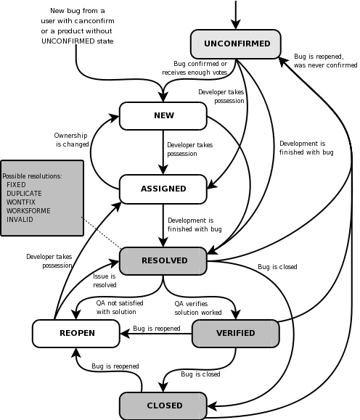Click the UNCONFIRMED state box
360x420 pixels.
(236, 44)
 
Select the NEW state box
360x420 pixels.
(163, 116)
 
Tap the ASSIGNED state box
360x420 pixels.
(163, 189)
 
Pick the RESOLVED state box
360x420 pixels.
(163, 261)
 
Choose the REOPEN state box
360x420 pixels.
(76, 333)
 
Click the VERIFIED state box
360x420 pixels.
(236, 333)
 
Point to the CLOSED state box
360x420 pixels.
(163, 405)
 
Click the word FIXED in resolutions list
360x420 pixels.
(16, 185)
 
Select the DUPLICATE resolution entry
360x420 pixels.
(24, 194)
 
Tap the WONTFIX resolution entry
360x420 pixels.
(21, 202)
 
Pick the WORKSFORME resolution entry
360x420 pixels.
(28, 211)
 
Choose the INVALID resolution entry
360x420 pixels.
(20, 219)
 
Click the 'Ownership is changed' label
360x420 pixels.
(71, 140)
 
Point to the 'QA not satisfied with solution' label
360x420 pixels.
(120, 308)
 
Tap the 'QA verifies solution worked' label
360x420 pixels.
(198, 308)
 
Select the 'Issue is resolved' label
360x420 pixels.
(105, 281)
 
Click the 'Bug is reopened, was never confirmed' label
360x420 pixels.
(325, 61)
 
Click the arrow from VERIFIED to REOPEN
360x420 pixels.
(156, 334)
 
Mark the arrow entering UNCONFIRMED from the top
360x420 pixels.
(236, 15)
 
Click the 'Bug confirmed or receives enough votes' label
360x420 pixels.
(195, 68)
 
